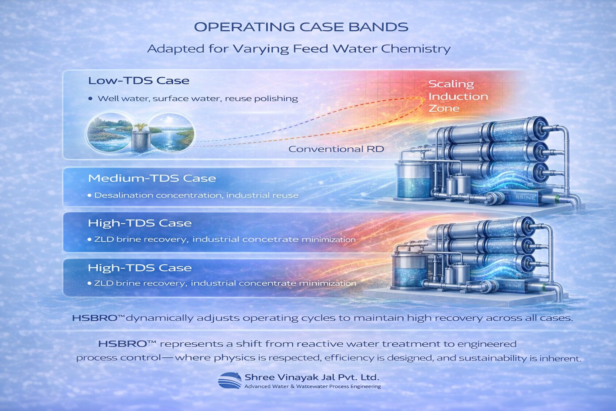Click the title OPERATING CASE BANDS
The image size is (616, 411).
pos(301,27)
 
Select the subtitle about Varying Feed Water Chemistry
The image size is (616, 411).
pos(299,49)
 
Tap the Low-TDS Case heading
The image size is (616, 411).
pos(139,81)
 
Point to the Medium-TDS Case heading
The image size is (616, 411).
pos(152,178)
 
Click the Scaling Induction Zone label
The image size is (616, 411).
pos(458,96)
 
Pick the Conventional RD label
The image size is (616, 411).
pos(336,149)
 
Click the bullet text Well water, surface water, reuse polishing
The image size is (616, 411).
pos(198,99)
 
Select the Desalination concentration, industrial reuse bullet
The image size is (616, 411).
pos(196,195)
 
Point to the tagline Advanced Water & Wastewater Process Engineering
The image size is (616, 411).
pos(313,386)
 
